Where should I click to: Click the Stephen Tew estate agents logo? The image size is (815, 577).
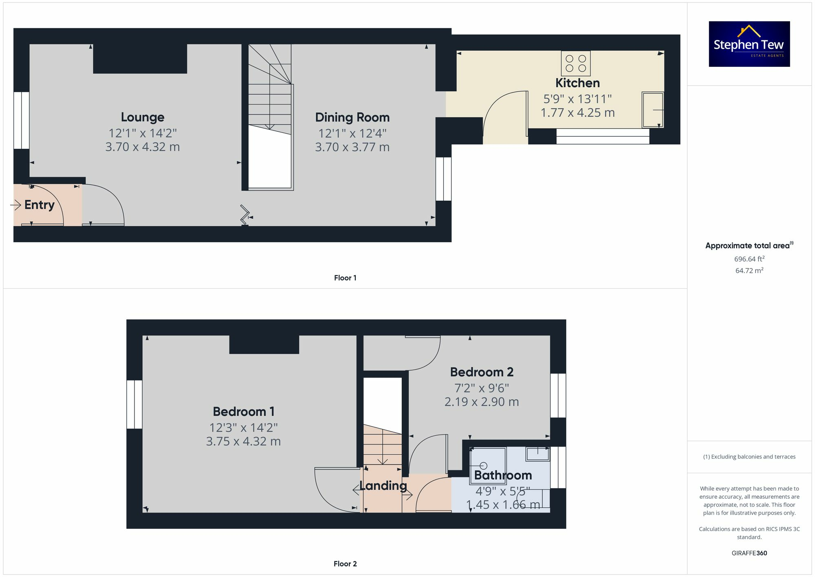click(749, 44)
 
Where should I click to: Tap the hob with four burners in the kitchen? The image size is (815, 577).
click(575, 63)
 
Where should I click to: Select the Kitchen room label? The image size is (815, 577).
click(577, 83)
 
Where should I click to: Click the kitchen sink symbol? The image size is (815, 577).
click(652, 110)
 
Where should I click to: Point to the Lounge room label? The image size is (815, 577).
click(143, 117)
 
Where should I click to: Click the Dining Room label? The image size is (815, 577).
click(352, 118)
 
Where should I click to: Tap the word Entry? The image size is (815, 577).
click(39, 205)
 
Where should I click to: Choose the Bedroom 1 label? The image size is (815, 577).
click(243, 412)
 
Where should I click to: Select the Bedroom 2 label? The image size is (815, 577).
click(481, 372)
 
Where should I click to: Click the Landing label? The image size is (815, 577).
click(383, 486)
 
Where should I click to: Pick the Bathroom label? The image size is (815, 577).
click(503, 475)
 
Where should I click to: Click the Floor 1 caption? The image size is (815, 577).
click(345, 278)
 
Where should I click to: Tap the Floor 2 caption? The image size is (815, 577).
click(345, 564)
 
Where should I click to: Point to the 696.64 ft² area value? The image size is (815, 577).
click(749, 259)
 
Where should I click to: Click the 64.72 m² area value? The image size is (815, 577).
click(749, 271)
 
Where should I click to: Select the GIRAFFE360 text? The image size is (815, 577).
click(749, 553)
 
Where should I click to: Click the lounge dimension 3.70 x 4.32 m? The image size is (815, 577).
click(143, 147)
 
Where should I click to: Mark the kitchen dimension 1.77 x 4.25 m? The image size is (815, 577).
click(577, 113)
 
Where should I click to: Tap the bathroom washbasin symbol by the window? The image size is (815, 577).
click(537, 453)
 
